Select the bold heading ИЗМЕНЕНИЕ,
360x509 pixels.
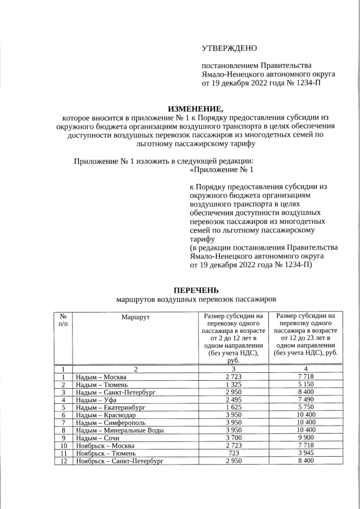click(196, 109)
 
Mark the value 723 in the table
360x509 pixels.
click(233, 453)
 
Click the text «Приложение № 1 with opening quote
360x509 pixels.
click(222, 169)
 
